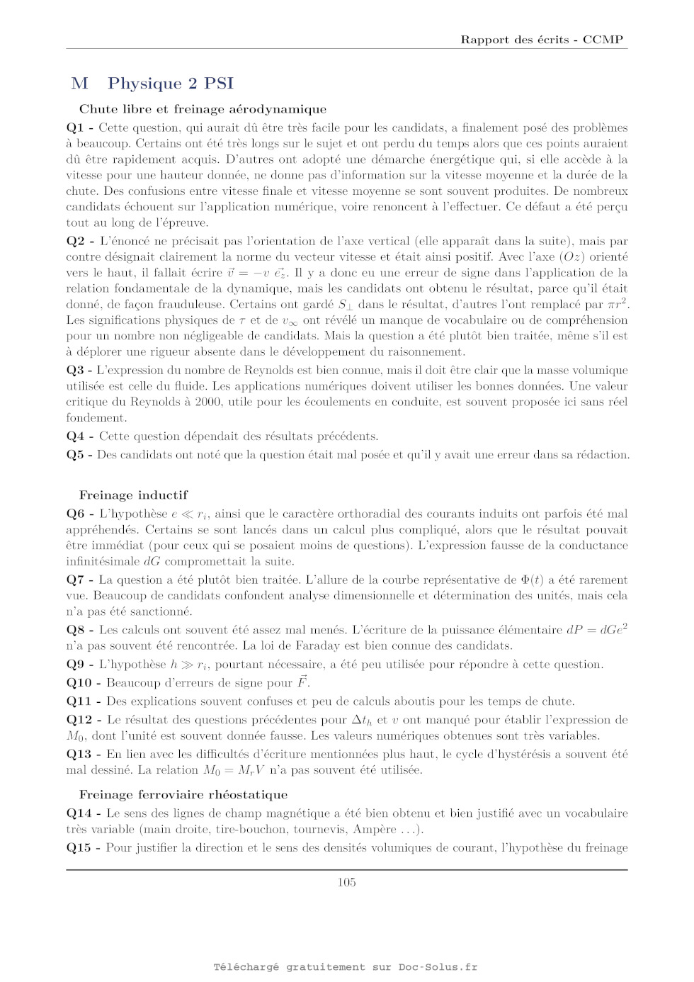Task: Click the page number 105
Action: pos(346,882)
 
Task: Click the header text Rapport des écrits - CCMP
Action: pos(542,40)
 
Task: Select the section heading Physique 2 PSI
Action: pos(171,84)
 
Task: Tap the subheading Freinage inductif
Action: pos(133,495)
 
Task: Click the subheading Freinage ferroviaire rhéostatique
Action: pos(183,794)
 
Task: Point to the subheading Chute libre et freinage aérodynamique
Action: pos(203,109)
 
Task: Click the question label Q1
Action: pos(75,128)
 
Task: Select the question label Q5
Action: pos(75,455)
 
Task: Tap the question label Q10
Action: pos(79,683)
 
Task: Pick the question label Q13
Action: pos(79,754)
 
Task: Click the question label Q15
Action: pos(79,847)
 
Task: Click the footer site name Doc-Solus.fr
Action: pos(438,966)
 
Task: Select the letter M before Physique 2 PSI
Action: pos(79,84)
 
